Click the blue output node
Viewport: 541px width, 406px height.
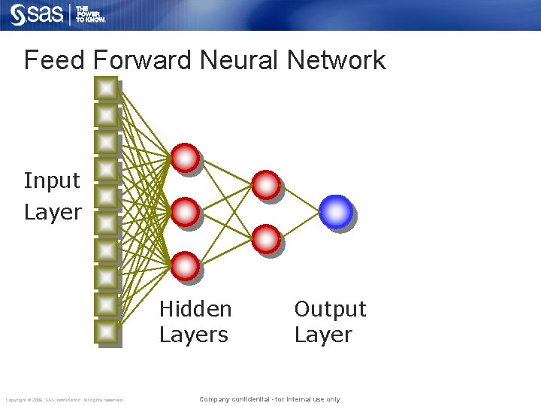click(x=335, y=211)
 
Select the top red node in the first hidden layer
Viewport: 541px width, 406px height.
click(x=185, y=158)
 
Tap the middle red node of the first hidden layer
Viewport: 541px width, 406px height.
click(x=185, y=212)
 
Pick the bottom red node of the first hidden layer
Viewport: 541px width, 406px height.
click(x=185, y=266)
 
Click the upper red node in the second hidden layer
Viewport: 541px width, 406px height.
click(x=265, y=185)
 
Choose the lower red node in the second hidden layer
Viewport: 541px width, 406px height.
click(x=265, y=239)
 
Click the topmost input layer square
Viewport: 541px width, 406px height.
click(x=107, y=89)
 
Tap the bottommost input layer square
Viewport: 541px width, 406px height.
click(x=107, y=332)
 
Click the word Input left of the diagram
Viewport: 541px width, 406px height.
click(x=51, y=180)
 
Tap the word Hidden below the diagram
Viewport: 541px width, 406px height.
click(x=195, y=309)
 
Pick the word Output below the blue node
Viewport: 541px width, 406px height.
click(x=330, y=309)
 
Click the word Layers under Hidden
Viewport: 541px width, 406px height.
click(x=193, y=335)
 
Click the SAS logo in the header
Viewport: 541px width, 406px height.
click(x=36, y=14)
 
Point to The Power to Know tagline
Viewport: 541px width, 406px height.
click(x=90, y=14)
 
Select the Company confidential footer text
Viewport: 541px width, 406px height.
click(x=269, y=399)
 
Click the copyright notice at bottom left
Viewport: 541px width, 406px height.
click(x=64, y=399)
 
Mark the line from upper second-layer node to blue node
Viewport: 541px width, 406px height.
click(x=301, y=198)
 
